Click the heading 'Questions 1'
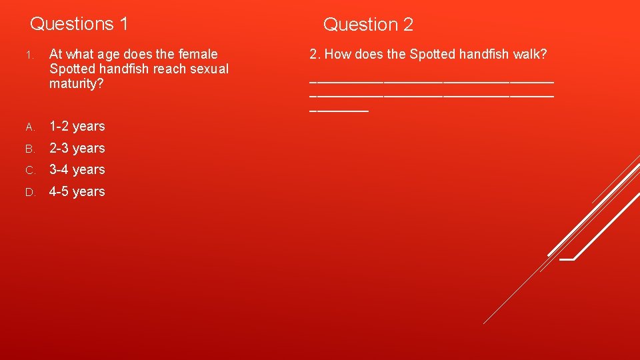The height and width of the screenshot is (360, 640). tap(79, 24)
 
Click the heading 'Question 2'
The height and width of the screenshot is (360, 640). tap(368, 25)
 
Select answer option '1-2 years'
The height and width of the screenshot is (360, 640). tap(77, 126)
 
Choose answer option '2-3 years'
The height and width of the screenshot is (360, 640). tap(77, 148)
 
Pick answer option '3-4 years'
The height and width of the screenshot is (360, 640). tap(77, 169)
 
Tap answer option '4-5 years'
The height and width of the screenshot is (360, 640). tap(77, 191)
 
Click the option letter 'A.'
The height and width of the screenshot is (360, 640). tap(29, 127)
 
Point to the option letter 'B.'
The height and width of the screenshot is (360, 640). tap(29, 149)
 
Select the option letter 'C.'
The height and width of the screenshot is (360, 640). tap(29, 170)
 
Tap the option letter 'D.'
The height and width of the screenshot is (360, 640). tap(29, 192)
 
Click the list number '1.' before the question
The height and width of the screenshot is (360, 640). tap(29, 55)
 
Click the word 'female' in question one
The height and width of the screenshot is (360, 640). tap(196, 54)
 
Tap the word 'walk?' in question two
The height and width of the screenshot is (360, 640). tap(530, 54)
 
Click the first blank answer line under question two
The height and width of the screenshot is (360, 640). tap(431, 81)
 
